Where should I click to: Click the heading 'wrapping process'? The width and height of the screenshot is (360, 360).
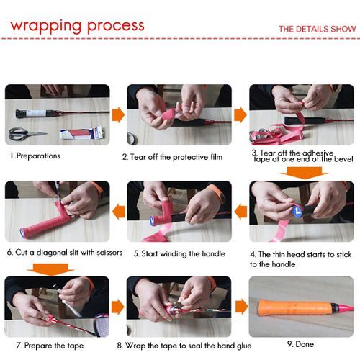(77, 27)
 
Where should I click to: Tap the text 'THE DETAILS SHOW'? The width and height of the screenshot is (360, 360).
(318, 29)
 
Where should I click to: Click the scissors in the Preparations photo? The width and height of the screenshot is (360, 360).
(27, 134)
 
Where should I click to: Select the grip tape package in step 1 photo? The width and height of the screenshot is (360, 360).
(82, 133)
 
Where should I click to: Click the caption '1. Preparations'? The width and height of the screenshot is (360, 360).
(35, 156)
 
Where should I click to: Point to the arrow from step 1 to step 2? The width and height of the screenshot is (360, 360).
(118, 115)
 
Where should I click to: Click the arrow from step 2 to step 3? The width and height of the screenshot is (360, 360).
(240, 115)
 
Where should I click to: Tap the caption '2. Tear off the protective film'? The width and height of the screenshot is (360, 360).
(173, 157)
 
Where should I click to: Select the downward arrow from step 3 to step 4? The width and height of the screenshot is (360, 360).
(305, 173)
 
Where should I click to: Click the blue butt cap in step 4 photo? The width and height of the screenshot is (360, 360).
(297, 212)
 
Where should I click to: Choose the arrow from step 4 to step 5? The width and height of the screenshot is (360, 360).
(240, 212)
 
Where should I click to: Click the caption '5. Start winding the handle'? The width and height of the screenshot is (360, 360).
(179, 253)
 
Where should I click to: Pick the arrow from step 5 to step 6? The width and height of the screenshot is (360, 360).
(119, 212)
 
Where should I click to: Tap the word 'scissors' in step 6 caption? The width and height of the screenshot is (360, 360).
(109, 253)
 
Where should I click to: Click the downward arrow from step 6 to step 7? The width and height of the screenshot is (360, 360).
(50, 269)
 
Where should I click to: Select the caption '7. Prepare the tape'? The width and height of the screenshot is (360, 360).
(50, 346)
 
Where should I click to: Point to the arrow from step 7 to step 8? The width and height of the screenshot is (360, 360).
(118, 307)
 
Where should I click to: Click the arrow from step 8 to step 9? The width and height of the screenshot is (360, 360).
(242, 307)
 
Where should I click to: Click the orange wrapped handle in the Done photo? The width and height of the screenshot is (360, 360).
(294, 307)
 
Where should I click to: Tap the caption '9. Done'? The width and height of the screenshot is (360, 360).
(300, 344)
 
